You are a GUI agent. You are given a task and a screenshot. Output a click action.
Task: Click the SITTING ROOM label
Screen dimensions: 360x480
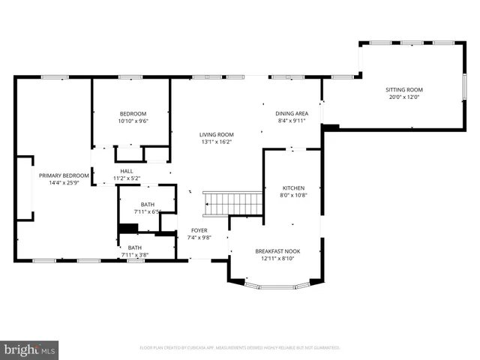pyautogui.click(x=403, y=89)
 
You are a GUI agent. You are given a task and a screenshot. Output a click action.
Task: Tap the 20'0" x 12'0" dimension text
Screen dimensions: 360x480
pyautogui.click(x=403, y=97)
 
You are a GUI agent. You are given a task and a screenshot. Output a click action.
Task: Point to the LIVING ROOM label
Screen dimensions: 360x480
pyautogui.click(x=217, y=134)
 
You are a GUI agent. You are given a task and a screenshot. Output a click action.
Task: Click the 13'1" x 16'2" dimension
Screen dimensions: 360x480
pyautogui.click(x=217, y=142)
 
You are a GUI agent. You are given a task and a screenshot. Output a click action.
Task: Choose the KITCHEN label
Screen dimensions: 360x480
pyautogui.click(x=293, y=187)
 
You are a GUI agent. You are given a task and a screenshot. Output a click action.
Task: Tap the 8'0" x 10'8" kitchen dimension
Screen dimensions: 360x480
pyautogui.click(x=293, y=195)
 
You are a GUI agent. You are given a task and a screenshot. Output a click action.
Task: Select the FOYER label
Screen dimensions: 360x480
pyautogui.click(x=199, y=230)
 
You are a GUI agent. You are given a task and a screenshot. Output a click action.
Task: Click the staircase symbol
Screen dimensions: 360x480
pyautogui.click(x=232, y=203)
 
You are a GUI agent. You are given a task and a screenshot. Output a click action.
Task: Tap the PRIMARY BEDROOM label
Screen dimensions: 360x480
pyautogui.click(x=64, y=175)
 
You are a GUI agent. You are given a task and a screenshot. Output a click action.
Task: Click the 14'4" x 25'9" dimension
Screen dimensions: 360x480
pyautogui.click(x=64, y=183)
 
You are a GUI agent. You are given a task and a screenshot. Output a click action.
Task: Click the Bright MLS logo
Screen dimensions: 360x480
pyautogui.click(x=30, y=349)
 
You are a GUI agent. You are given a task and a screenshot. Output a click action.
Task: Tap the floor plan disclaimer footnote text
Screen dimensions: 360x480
pyautogui.click(x=240, y=348)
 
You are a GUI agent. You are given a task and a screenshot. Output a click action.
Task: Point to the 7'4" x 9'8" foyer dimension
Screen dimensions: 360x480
pyautogui.click(x=199, y=238)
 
